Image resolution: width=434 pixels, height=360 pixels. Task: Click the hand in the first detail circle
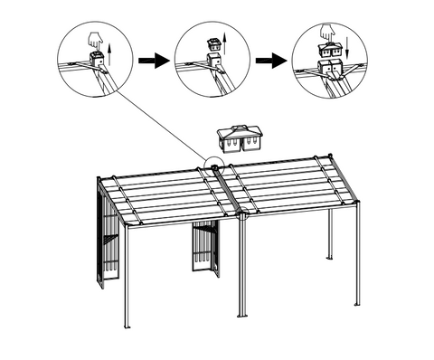click(x=94, y=41)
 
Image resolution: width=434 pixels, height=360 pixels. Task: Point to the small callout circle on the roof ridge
click(x=214, y=165)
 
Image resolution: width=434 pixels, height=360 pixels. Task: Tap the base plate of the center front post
click(x=241, y=315)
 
